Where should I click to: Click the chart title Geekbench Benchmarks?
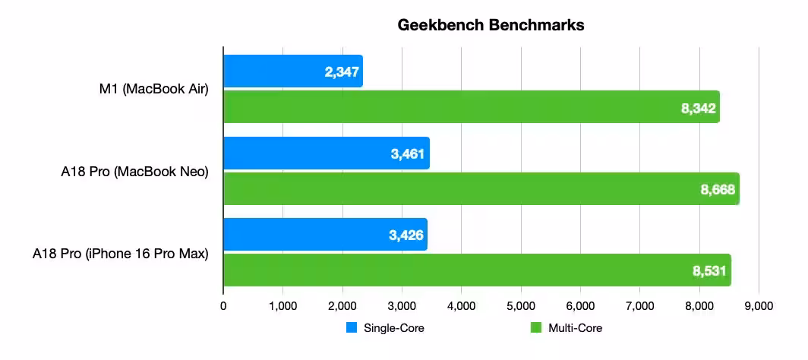(x=491, y=25)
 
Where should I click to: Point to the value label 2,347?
(x=339, y=73)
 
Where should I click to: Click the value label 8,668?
(x=718, y=190)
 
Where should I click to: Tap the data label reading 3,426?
(x=406, y=235)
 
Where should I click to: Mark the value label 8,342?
(x=698, y=109)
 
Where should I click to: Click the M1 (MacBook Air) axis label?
(x=153, y=90)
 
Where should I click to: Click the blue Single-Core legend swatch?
(x=352, y=328)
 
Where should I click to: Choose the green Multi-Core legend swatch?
(x=535, y=328)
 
